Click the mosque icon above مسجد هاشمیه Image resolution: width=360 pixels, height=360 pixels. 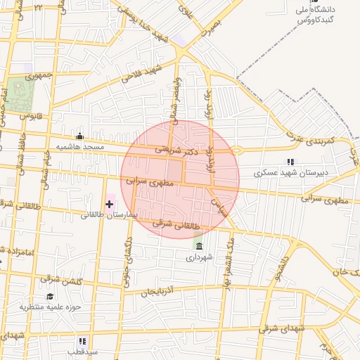[x=79, y=136]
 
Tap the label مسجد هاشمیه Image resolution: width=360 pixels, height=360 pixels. [x=79, y=147]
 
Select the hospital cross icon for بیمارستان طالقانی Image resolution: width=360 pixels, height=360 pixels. [x=109, y=204]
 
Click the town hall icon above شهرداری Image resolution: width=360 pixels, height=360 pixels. [x=199, y=247]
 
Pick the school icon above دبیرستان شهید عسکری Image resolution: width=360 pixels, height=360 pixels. [x=290, y=162]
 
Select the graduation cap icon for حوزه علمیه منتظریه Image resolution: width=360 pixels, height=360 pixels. [x=50, y=296]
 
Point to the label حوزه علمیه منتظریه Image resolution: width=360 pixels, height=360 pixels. [x=50, y=307]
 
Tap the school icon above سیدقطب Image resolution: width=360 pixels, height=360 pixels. [x=83, y=340]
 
